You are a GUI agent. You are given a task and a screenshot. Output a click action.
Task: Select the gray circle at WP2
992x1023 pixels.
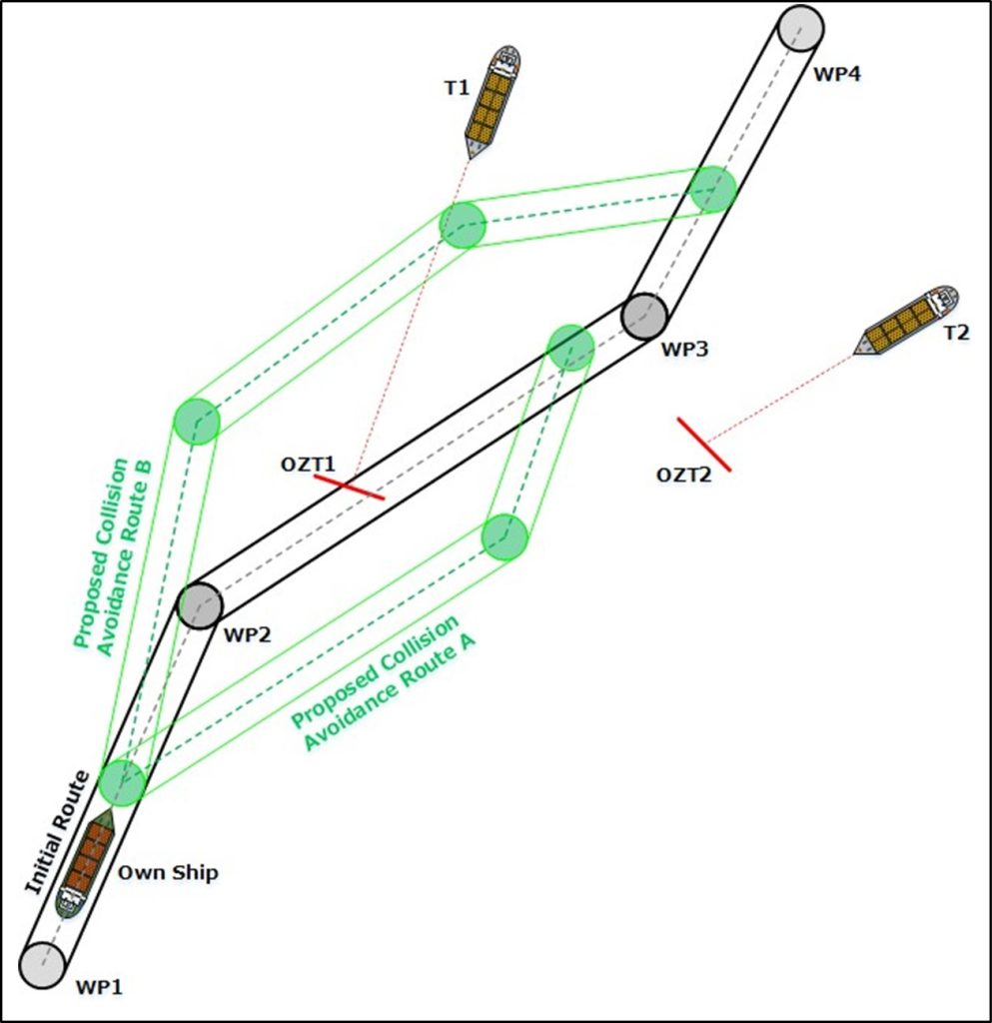coord(200,603)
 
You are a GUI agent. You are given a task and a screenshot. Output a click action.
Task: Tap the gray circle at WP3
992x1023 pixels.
coord(644,316)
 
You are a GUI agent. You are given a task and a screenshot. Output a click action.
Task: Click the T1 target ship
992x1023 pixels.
coord(493,101)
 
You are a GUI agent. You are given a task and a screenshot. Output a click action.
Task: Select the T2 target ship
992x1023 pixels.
coord(909,322)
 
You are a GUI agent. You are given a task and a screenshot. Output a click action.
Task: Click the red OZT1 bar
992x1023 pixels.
coord(350,487)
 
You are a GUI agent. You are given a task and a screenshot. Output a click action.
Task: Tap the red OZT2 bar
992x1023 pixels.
coord(704,445)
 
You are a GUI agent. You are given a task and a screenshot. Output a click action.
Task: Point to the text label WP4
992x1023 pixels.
coord(837,74)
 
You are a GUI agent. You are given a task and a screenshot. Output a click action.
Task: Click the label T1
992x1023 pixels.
coord(456,88)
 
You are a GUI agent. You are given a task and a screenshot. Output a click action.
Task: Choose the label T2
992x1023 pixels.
coord(956,333)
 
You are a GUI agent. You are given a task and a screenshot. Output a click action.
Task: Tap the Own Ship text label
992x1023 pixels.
coord(168,872)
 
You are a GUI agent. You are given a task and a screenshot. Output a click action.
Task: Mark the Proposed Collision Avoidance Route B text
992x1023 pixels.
coord(110,554)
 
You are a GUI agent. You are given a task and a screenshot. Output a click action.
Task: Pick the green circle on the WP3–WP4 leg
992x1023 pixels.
coord(713,189)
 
